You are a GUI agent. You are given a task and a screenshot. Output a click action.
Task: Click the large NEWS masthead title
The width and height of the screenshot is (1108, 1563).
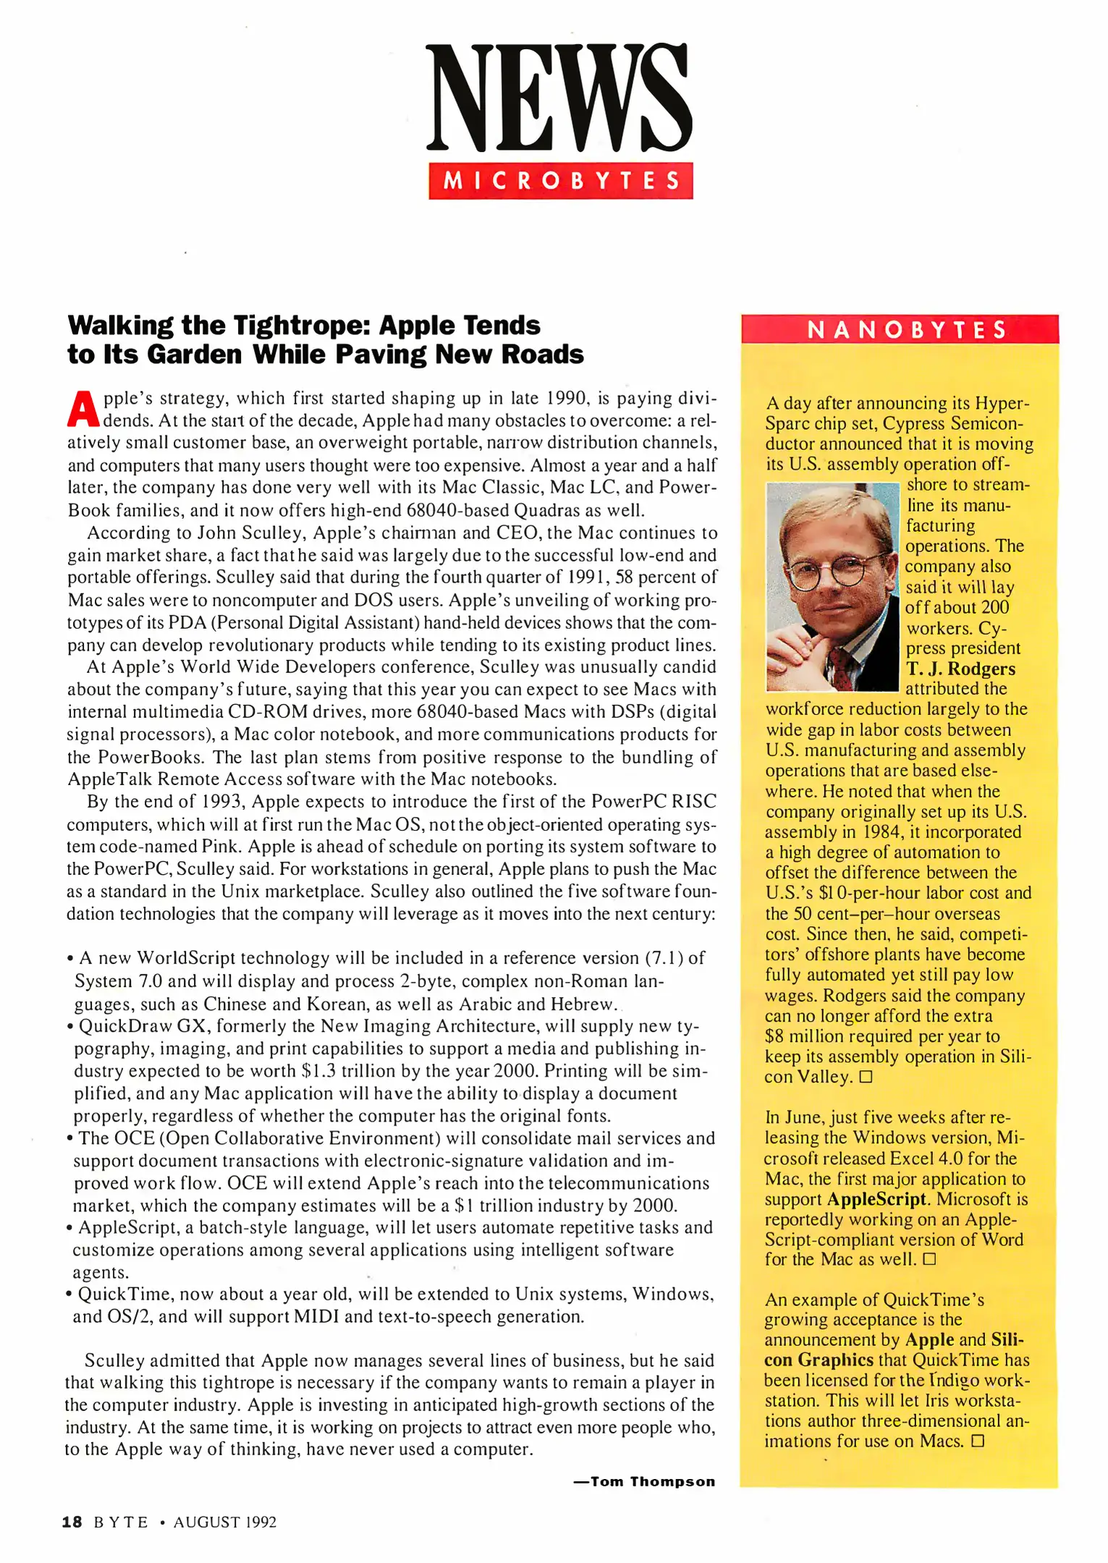coord(559,98)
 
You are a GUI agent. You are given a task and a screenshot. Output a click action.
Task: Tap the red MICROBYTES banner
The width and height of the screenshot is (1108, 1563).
coord(560,180)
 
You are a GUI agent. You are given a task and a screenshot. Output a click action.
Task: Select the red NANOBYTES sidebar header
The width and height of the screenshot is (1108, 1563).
coord(900,330)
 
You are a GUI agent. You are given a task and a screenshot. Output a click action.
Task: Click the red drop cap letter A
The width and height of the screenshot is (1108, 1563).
coord(83,410)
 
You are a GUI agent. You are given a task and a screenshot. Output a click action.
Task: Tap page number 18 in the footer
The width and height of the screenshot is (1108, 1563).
coord(72,1522)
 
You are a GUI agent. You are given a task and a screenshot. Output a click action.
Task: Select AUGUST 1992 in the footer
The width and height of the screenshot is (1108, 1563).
coord(225,1522)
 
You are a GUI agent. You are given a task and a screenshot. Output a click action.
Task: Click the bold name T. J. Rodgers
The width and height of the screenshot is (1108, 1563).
coord(960,669)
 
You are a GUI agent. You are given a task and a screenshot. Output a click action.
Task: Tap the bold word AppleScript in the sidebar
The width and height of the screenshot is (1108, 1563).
coord(877,1199)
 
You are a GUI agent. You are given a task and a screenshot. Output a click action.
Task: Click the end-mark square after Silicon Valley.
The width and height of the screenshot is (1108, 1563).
coord(866,1077)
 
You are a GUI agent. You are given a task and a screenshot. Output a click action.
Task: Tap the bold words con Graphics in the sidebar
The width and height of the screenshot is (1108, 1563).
coord(819,1360)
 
